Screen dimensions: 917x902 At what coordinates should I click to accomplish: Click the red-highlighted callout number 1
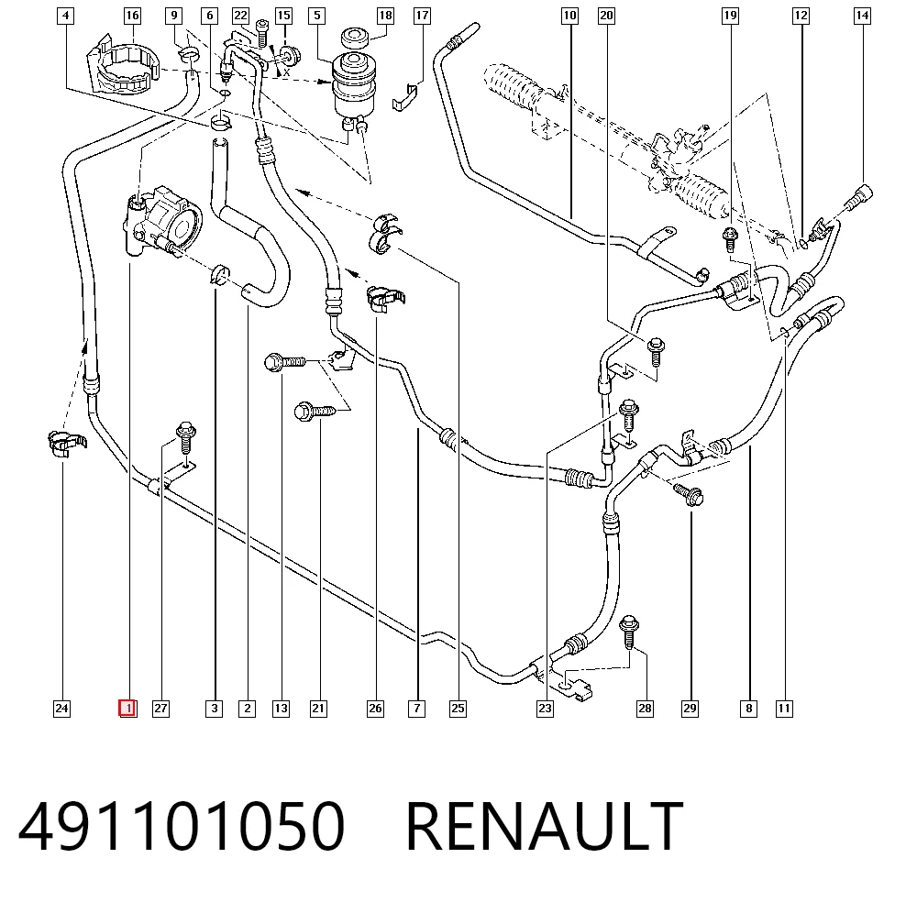coord(127,708)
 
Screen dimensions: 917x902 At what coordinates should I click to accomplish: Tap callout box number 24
coord(61,709)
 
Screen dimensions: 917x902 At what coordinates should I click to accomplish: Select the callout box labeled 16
coord(133,16)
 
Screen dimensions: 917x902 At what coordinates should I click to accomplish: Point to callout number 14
coord(862,16)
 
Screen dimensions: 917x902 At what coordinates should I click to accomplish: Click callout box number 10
coord(569,16)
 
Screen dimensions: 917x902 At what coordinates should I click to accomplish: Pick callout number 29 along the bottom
coord(691,709)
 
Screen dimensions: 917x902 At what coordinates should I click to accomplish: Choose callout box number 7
coord(416,709)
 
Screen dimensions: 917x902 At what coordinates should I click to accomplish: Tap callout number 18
coord(385,16)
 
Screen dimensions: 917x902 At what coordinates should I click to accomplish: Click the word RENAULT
coord(544,826)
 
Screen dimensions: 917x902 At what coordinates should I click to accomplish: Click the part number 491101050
coord(182,826)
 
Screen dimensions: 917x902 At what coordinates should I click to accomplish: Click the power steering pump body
coord(161,222)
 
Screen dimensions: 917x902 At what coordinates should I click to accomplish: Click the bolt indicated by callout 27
coord(185,436)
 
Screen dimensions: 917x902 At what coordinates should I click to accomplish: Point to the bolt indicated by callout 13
coord(285,362)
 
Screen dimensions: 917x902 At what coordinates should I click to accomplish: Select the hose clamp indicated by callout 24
coord(66,444)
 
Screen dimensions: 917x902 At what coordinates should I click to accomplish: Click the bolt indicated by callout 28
coord(629,632)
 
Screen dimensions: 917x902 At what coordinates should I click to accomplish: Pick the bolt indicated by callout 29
coord(689,493)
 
